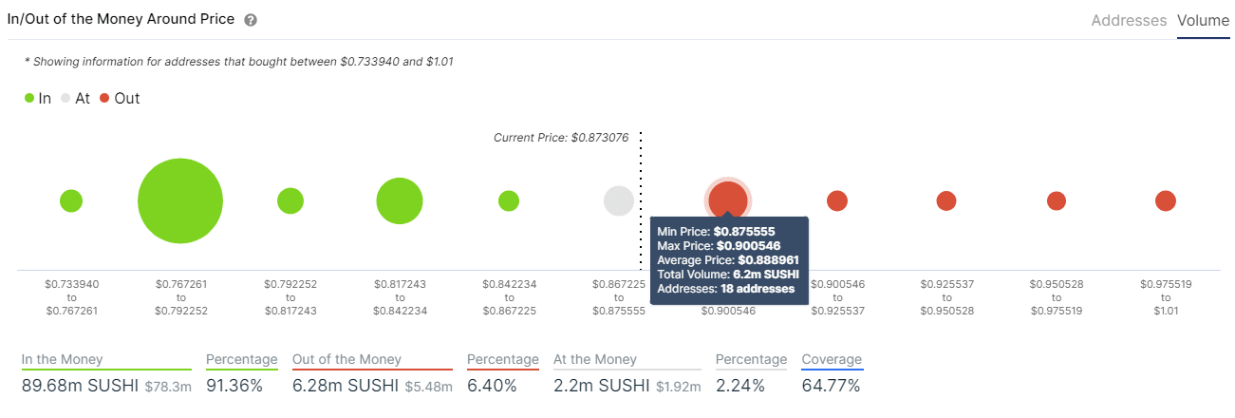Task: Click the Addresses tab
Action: (1129, 20)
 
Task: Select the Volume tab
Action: (1203, 20)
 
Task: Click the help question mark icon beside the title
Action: (251, 20)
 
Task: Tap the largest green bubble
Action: (180, 200)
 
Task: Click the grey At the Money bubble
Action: (619, 200)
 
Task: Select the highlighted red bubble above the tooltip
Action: (728, 199)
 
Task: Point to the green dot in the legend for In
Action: (29, 98)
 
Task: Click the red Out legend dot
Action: (104, 98)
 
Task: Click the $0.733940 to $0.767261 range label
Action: (71, 296)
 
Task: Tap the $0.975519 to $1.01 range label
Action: (1165, 296)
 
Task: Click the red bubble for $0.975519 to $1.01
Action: (1166, 200)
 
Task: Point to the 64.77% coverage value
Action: (831, 386)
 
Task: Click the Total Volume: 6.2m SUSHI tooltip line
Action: (727, 274)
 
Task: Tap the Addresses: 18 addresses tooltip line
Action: (725, 288)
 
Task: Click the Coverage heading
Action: (832, 359)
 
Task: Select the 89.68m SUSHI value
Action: (80, 386)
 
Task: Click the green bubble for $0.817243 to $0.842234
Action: (400, 200)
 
